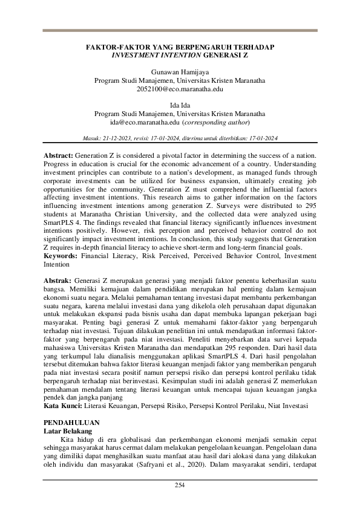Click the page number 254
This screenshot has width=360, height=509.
(x=180, y=485)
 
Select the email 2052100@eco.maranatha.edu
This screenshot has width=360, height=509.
(x=180, y=88)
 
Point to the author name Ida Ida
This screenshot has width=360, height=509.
(x=180, y=105)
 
